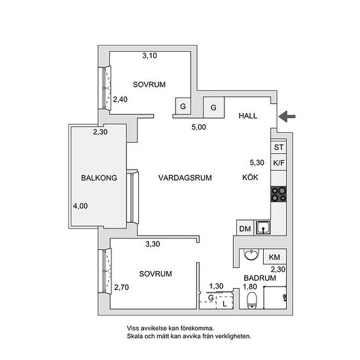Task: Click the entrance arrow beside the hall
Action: coord(287,117)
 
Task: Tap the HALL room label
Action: coord(247,116)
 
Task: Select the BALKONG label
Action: coord(99,178)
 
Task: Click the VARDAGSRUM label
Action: coord(185,177)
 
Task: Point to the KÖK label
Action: coord(250,177)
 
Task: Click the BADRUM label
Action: coord(260,278)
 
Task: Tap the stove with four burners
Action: coord(278,194)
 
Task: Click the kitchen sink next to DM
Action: coord(263,228)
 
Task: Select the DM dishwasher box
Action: coord(245,228)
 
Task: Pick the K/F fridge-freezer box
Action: coord(278,163)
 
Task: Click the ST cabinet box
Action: coord(278,147)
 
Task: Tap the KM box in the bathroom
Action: coord(275,257)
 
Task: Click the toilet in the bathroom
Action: coord(252,300)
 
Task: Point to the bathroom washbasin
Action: coord(251,255)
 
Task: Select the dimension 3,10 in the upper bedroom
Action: coord(149,56)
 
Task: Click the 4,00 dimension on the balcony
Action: coord(81,206)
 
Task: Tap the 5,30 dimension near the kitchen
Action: coord(257,162)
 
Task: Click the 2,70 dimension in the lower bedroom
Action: coord(122,287)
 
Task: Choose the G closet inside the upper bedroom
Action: coord(183,106)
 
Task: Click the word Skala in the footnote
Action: coord(135,336)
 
